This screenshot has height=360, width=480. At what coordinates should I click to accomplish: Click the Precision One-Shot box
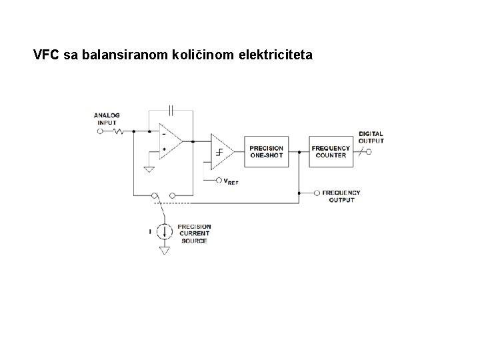point(266,151)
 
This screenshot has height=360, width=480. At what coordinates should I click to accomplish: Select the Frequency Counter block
point(331,151)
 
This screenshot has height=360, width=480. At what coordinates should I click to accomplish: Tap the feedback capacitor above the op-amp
point(171,110)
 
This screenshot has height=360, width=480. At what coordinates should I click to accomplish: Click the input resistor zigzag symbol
point(119,131)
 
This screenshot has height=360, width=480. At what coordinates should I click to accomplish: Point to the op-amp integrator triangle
point(169,141)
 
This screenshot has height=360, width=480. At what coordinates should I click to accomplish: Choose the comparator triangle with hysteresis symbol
point(221,151)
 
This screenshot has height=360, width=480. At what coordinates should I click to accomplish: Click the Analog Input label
point(107,119)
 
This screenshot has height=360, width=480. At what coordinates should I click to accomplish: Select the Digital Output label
point(371,137)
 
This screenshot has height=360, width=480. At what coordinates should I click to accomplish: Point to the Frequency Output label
point(341,196)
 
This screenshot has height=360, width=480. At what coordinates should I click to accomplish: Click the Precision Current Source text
point(193,233)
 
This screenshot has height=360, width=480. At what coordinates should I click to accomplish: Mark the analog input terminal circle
point(101,131)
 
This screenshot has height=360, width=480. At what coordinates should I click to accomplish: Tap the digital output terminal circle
point(368,151)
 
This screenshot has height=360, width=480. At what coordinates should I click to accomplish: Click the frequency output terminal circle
point(317,193)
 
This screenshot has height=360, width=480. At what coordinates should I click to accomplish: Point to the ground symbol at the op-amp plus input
point(149,169)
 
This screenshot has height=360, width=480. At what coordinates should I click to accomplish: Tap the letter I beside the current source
point(149,231)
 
